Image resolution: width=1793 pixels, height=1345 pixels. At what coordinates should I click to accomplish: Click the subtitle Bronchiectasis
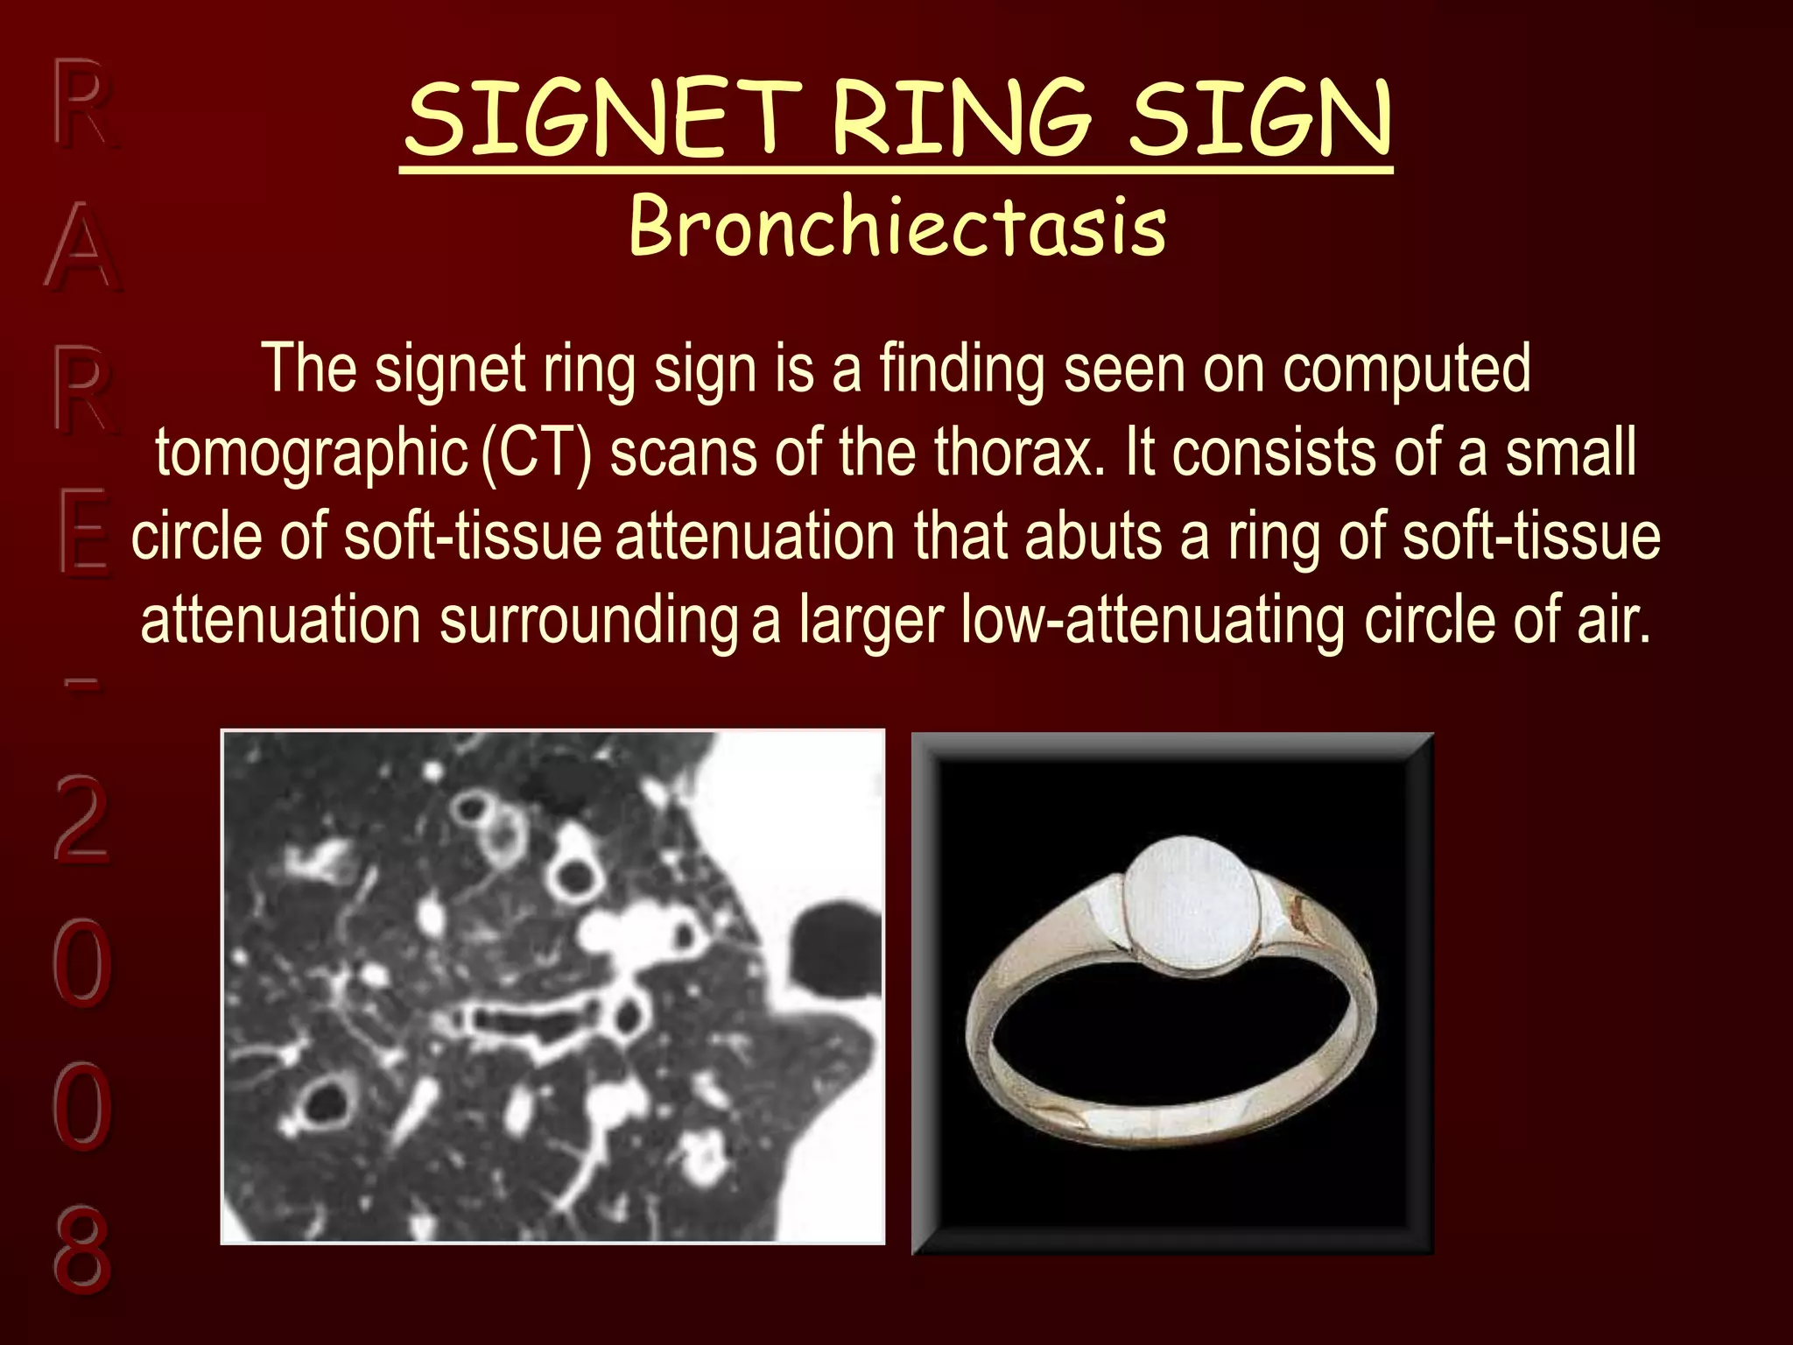pos(897,226)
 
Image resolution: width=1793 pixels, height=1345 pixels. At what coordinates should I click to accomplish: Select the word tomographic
pos(312,454)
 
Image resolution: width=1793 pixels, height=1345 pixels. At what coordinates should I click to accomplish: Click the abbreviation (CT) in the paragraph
pos(537,454)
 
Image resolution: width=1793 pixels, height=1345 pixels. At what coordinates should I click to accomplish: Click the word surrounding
pos(588,620)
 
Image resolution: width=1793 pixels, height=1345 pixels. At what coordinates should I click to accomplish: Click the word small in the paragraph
pos(1571,454)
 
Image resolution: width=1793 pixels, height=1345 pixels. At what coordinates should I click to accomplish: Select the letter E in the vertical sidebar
pos(84,534)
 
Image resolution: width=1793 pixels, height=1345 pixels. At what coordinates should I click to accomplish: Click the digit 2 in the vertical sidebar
pos(81,819)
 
